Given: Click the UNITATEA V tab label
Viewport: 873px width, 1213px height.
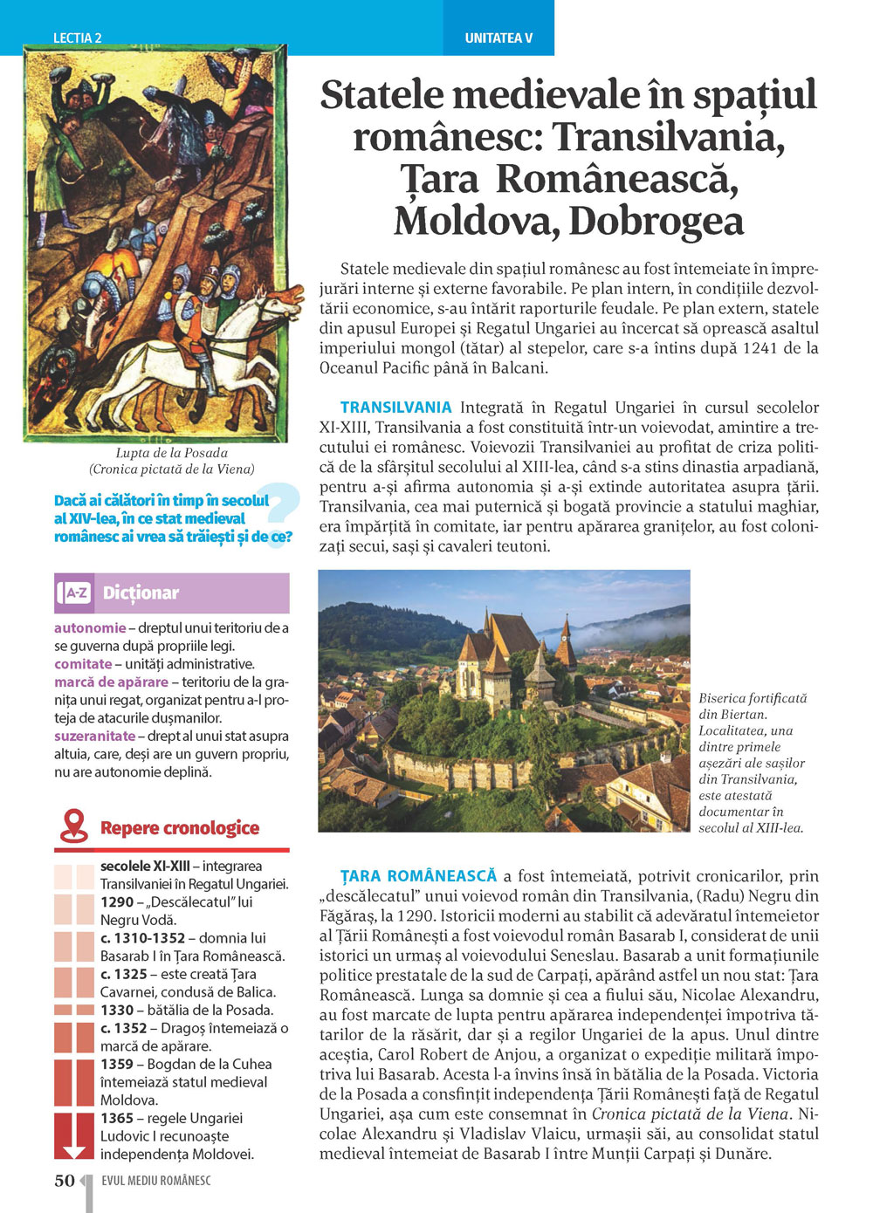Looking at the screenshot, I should pos(498,38).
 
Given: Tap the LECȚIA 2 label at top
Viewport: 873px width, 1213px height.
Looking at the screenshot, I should pos(77,38).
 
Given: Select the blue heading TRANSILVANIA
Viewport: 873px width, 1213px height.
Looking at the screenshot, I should pos(395,408).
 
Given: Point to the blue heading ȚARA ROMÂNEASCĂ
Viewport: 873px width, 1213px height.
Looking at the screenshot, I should pos(418,876).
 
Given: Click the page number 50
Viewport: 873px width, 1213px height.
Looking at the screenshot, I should pos(65,1181).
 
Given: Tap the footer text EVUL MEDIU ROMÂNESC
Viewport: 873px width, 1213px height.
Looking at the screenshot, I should pos(156,1181).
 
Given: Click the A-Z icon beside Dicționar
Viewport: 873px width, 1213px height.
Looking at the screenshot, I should pos(75,593).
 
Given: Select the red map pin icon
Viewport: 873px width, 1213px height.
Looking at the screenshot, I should pos(74,826).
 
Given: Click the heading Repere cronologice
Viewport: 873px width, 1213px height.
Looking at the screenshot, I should pos(180,828).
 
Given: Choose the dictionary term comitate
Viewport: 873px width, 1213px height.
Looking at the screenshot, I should pos(82,664).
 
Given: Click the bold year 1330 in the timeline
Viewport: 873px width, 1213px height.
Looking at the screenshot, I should pos(117,1011).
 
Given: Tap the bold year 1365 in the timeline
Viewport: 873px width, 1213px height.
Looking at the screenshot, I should pos(117,1119).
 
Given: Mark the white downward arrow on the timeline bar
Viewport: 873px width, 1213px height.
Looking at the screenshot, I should pos(74,1151).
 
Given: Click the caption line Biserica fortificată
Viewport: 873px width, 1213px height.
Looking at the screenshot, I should pos(753,698).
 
